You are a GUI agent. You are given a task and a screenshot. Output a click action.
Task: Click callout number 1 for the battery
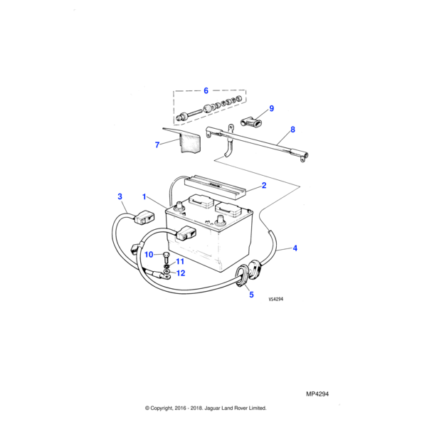[144, 196]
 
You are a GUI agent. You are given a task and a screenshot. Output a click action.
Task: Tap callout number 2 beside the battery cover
[263, 186]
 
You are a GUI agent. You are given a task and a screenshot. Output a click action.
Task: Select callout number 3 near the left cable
[120, 196]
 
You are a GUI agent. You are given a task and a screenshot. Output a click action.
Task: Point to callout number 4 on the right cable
[295, 248]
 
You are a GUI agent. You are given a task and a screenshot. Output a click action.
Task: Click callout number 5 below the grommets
[251, 295]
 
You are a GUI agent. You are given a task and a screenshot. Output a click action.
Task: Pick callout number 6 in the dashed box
[206, 90]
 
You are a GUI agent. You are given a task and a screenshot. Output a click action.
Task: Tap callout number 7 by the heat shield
[157, 145]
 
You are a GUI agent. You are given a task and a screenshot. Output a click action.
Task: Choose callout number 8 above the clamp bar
[292, 130]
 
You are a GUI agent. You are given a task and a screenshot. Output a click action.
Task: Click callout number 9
[272, 108]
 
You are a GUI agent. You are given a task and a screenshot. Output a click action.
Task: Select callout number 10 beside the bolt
[149, 255]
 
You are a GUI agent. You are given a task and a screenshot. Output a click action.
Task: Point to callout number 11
[180, 261]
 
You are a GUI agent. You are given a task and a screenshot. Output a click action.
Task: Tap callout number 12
[181, 273]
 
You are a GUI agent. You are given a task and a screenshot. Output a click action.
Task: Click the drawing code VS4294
[276, 299]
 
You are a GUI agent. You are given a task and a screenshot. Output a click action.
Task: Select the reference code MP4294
[317, 394]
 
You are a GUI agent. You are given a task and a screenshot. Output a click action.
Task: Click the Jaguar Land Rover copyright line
[206, 408]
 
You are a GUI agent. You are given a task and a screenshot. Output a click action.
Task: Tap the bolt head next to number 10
[166, 255]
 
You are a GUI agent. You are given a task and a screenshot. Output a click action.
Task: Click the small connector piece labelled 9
[251, 121]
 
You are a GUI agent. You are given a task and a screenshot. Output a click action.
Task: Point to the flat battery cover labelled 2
[215, 188]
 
